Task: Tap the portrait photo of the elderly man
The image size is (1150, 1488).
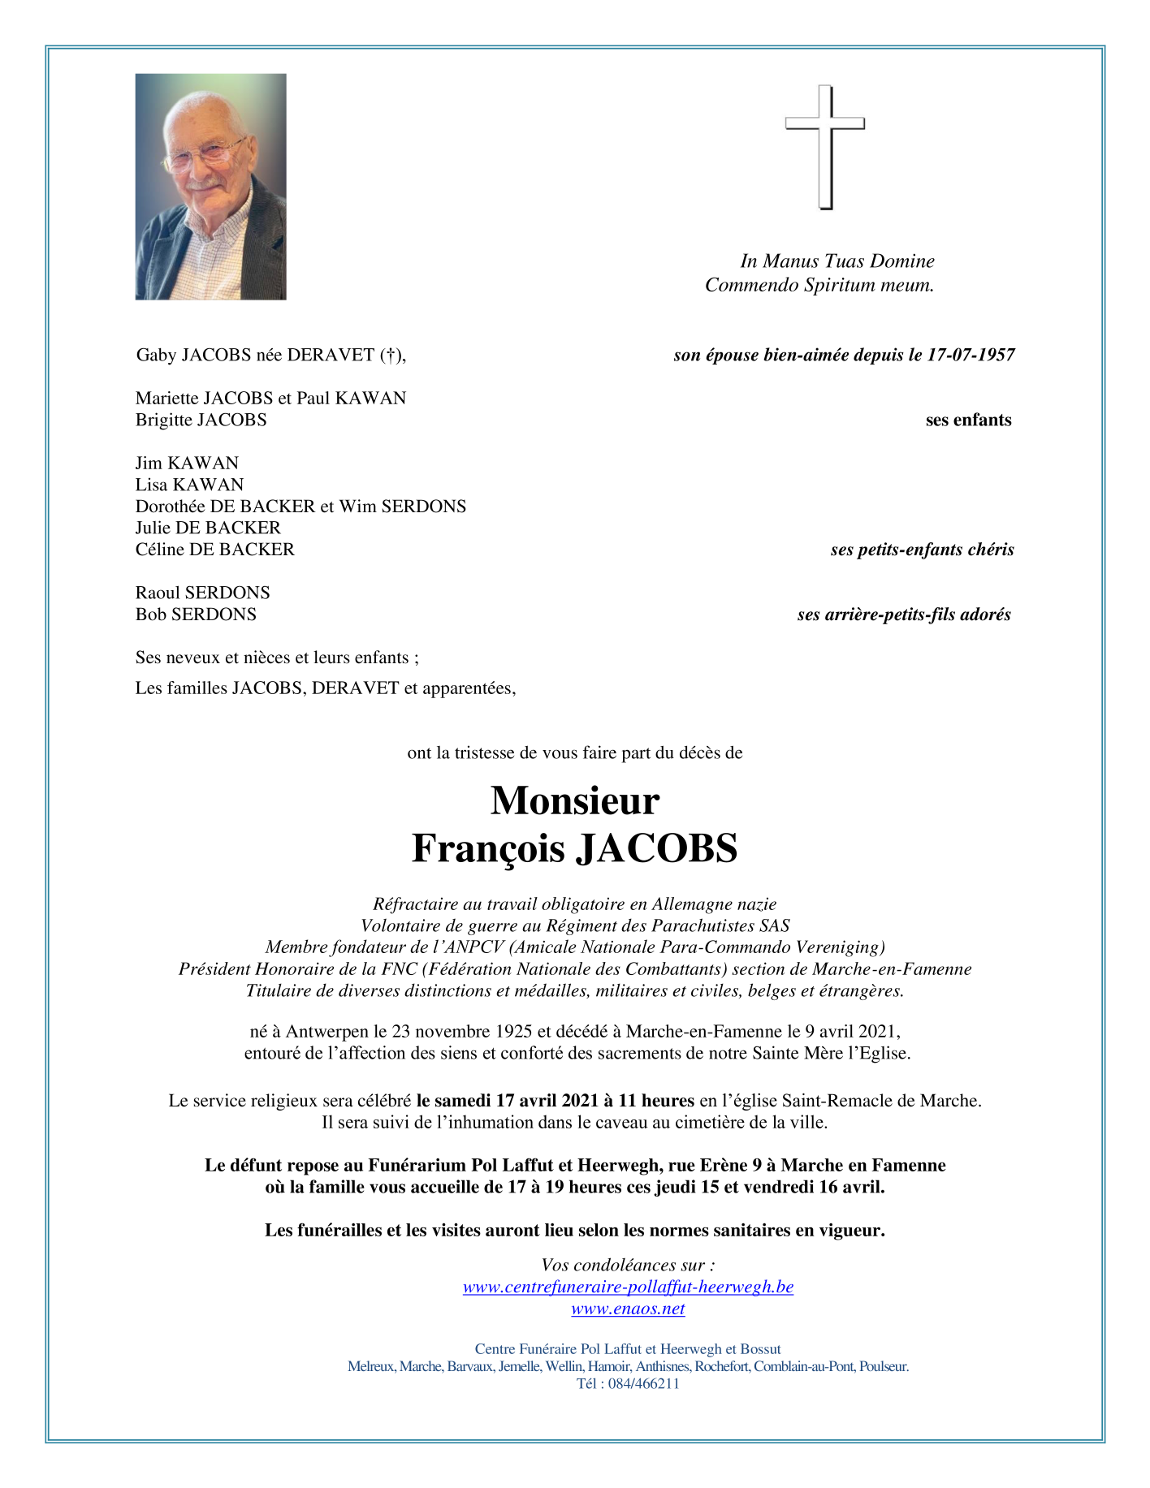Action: (210, 187)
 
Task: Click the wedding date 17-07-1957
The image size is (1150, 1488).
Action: (971, 355)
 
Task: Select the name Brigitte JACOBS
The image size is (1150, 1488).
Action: (201, 420)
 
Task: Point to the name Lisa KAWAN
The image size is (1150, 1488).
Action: (189, 485)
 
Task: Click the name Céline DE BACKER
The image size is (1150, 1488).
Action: (214, 550)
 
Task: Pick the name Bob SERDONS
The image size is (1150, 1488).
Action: (196, 615)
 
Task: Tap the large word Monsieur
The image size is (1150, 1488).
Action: (575, 800)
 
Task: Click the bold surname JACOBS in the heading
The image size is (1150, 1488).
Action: (656, 848)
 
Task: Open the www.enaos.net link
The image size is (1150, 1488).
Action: (628, 1309)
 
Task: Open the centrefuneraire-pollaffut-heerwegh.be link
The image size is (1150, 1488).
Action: (628, 1287)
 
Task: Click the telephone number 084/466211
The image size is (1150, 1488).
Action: (643, 1384)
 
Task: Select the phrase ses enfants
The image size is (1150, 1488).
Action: (968, 420)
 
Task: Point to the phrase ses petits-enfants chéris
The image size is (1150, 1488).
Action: (922, 550)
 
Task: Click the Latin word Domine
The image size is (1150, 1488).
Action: (901, 261)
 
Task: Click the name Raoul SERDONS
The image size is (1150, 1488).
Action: (202, 593)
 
